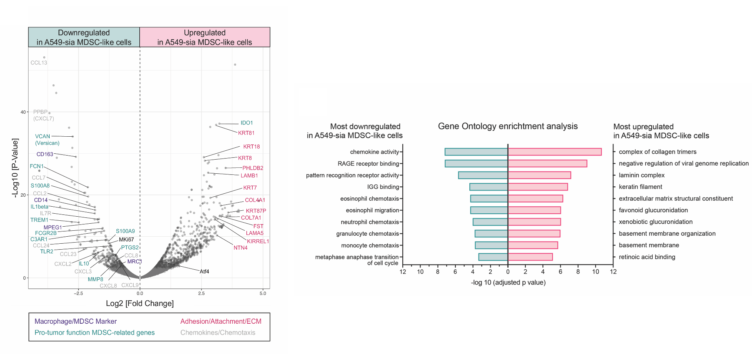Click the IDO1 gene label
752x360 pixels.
(246, 123)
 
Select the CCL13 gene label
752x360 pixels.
(39, 63)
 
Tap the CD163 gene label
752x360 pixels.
(45, 154)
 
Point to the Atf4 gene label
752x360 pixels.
(204, 271)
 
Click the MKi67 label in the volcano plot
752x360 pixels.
(126, 240)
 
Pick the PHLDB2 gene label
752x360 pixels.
(253, 168)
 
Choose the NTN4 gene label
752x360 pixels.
(240, 248)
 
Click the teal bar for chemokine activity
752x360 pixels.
(476, 152)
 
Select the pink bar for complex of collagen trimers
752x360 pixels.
(554, 152)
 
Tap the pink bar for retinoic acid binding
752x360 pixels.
(530, 257)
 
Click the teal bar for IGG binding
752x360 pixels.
(489, 187)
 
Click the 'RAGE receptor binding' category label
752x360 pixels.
(368, 164)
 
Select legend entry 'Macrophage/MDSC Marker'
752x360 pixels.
(76, 321)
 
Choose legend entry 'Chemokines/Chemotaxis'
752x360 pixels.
(218, 333)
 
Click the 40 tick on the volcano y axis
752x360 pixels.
(23, 112)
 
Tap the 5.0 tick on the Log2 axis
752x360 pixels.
(263, 294)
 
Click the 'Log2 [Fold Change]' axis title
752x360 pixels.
(140, 304)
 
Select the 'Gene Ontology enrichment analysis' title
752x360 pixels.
(508, 126)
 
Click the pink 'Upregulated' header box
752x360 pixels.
(204, 37)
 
